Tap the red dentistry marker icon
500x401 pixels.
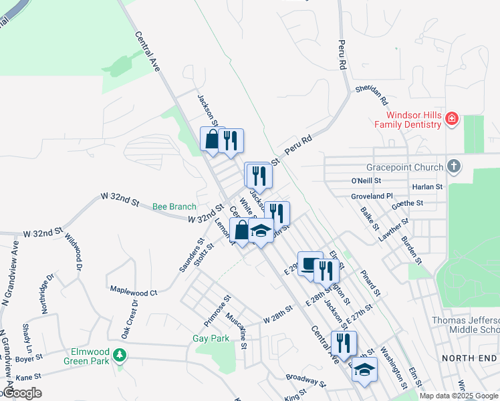[x=452, y=120]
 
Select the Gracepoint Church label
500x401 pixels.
[x=405, y=167]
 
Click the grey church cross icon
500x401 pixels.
[x=453, y=166]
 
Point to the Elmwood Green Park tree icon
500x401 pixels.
[x=120, y=354]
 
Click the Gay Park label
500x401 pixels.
[x=211, y=338]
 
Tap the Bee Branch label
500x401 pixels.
[x=174, y=207]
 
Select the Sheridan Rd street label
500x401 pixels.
[x=371, y=96]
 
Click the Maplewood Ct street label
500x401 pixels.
[x=133, y=292]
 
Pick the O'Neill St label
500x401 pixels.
[x=366, y=180]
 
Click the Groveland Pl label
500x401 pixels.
[x=372, y=196]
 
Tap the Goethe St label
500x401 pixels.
[x=408, y=203]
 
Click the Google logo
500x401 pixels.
[x=22, y=393]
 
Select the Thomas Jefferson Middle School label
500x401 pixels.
[x=465, y=325]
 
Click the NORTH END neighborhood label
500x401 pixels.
[x=469, y=358]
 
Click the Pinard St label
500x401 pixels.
[x=370, y=283]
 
